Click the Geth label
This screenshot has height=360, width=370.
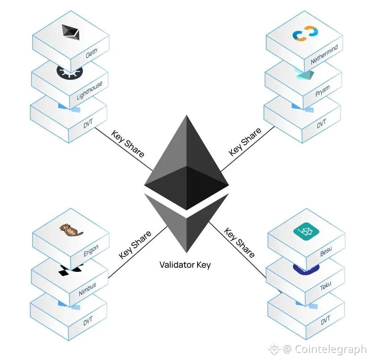(x=92, y=55)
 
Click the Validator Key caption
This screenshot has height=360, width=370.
(x=185, y=265)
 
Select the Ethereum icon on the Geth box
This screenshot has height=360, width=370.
(x=71, y=31)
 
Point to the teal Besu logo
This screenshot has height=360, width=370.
(x=305, y=231)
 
